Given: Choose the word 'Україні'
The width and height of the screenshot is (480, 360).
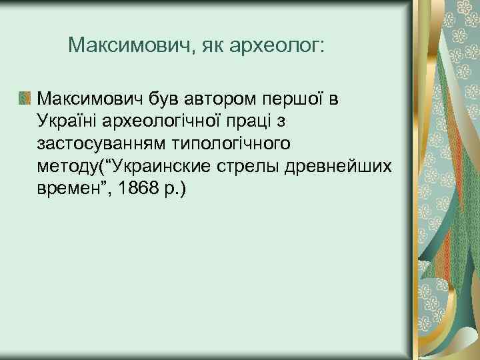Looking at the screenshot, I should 67,122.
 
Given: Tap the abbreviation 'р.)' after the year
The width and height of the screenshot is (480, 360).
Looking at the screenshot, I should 173,188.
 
